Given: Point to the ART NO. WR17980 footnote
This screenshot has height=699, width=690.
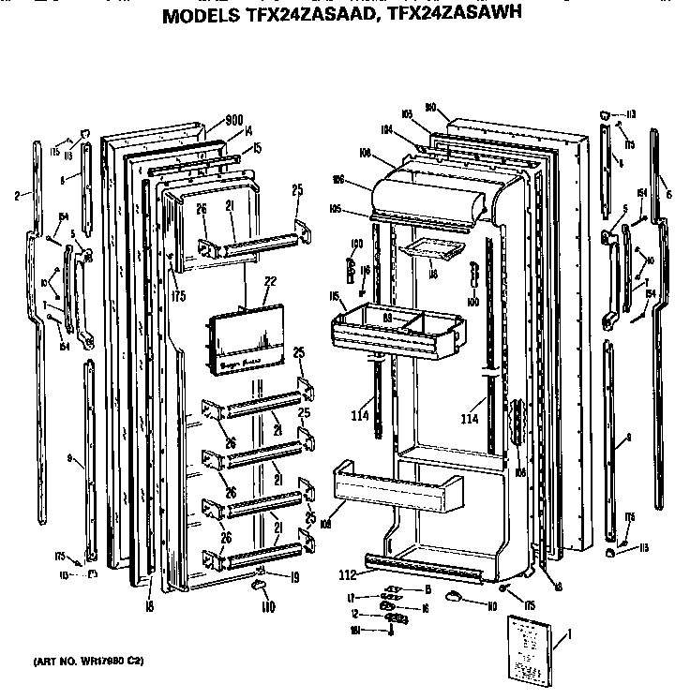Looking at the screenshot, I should (89, 662).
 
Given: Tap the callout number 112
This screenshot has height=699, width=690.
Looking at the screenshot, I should (347, 574).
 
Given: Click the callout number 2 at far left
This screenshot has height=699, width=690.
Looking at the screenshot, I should (18, 196).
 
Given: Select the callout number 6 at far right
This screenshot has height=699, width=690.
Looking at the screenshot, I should (668, 194).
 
